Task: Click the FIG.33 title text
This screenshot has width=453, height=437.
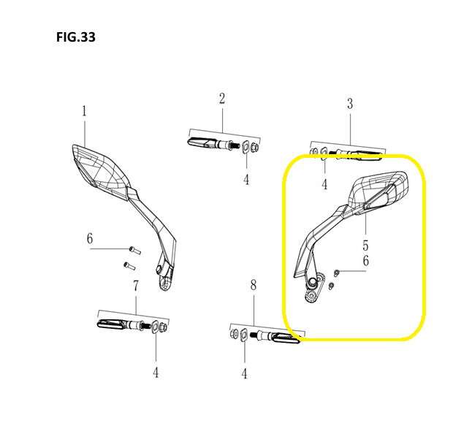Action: click(76, 37)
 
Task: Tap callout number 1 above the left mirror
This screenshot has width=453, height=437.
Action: click(84, 111)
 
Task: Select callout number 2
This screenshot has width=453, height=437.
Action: click(222, 99)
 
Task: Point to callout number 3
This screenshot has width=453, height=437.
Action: click(350, 104)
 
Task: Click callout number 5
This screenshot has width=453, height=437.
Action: click(365, 246)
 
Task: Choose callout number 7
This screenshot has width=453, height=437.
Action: click(136, 286)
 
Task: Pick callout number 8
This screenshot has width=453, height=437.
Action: click(254, 285)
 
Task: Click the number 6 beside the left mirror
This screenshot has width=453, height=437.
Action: click(90, 239)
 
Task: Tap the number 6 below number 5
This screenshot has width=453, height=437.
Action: click(366, 261)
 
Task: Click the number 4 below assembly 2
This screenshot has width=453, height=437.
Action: click(245, 180)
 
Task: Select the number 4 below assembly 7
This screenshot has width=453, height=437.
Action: click(156, 373)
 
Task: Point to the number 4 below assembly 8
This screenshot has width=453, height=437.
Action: click(245, 374)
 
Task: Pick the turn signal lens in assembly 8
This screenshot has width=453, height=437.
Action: click(286, 338)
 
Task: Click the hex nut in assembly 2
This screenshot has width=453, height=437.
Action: click(255, 148)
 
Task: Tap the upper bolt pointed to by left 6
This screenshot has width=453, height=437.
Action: click(135, 251)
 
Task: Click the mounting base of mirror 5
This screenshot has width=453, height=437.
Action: click(313, 289)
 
